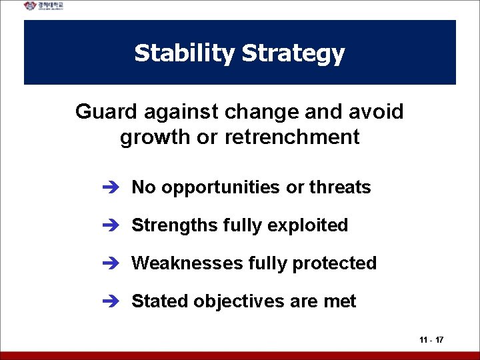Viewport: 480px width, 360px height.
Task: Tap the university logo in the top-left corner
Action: (44, 6)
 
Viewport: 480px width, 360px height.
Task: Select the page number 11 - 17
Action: (431, 340)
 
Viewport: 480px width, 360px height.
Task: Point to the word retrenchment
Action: (292, 137)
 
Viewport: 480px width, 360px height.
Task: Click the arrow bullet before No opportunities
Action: (110, 188)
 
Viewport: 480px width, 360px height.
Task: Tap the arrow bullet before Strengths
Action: (110, 226)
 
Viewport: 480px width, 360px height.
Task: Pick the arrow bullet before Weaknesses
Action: (110, 264)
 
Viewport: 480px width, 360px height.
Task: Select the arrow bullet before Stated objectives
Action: (110, 302)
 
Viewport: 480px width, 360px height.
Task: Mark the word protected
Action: (337, 264)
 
